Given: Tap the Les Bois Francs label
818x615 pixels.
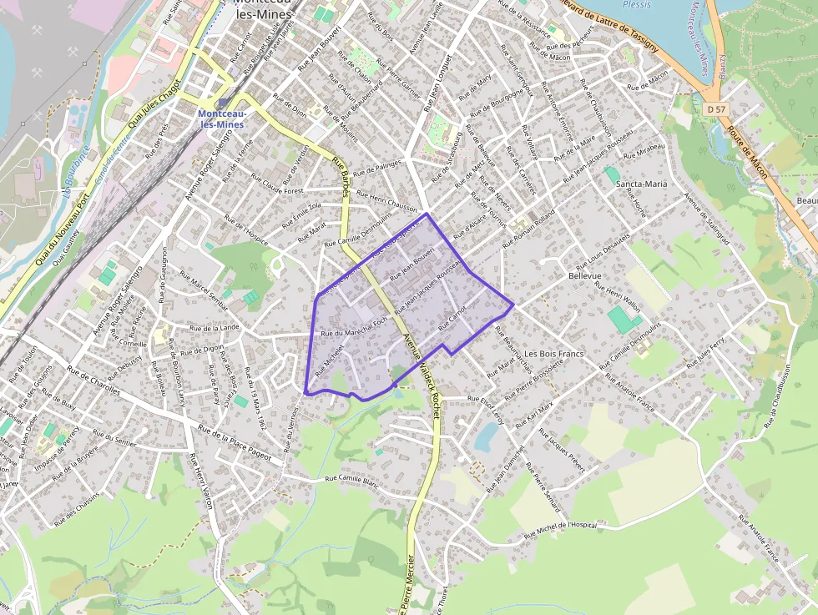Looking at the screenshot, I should [553, 354].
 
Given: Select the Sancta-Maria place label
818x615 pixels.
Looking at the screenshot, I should [641, 183].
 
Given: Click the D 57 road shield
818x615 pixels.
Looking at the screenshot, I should [714, 109].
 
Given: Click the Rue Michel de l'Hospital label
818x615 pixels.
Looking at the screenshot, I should [561, 530].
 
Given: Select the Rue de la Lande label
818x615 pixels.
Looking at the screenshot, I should [215, 328].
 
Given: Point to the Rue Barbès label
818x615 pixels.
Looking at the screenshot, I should [341, 177].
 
